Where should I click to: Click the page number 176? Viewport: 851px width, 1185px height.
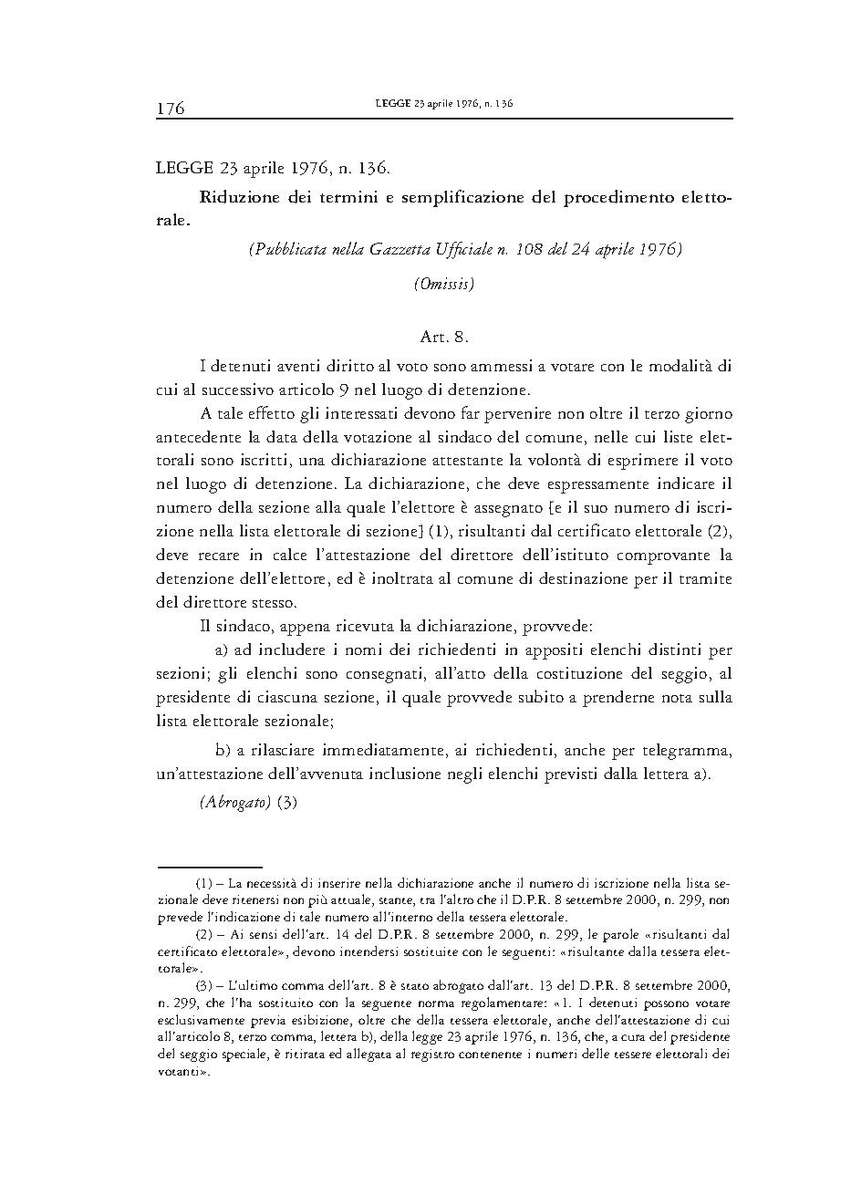(x=171, y=109)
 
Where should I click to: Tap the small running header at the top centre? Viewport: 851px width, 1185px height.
(x=443, y=104)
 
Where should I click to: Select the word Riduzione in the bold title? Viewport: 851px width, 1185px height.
(x=238, y=197)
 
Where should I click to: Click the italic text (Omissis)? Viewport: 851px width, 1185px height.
(x=443, y=284)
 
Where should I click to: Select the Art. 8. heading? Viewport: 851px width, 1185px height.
(x=444, y=337)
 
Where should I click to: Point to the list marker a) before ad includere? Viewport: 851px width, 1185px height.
(x=220, y=650)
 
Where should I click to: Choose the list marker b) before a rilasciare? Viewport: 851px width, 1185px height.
(x=222, y=750)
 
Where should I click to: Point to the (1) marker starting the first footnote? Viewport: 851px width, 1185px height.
(x=204, y=884)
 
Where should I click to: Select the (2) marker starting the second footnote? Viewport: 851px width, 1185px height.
(x=204, y=935)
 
